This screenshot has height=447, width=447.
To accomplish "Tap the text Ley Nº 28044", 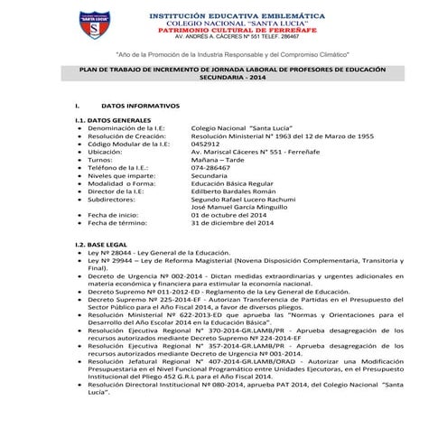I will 112,254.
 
